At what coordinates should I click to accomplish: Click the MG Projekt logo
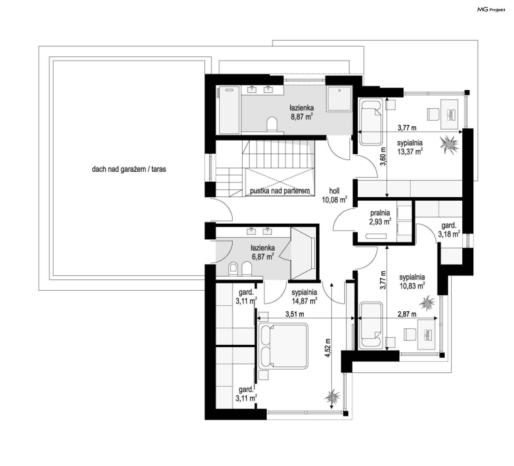coord(491,10)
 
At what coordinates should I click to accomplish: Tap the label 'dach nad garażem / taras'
coord(129,169)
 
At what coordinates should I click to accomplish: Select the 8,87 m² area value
coord(302,117)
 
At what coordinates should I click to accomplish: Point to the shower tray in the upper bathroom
coord(339,99)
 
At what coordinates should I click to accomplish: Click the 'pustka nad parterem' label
coord(280,191)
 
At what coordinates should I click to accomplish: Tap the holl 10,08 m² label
coord(334,195)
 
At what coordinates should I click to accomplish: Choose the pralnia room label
coord(380,213)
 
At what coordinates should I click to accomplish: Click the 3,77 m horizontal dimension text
coord(407,128)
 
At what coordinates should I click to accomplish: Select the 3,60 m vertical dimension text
coord(383,156)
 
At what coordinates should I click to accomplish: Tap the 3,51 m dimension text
coord(295,314)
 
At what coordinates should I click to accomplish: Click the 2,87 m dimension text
coord(407,314)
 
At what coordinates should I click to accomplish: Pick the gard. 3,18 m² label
coord(449,230)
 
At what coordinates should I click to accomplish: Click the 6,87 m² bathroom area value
coord(263,257)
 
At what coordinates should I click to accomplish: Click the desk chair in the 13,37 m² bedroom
coord(433,114)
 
